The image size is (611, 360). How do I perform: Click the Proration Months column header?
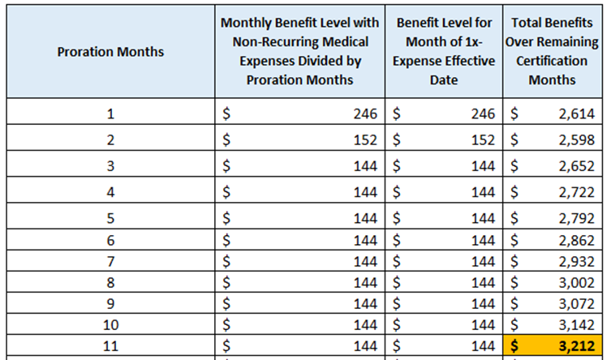(110, 52)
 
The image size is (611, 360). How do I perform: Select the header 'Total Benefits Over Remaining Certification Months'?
(552, 51)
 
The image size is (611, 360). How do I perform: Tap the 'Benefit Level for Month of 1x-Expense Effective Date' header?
(444, 51)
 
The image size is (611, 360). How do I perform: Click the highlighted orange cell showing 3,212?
(553, 345)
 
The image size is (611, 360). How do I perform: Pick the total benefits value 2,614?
(577, 114)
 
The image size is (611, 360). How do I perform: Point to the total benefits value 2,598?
(577, 139)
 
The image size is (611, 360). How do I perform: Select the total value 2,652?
(577, 165)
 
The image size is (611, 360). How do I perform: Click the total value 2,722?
(577, 192)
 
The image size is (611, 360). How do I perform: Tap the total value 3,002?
(577, 282)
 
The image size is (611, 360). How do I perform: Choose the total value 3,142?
(577, 324)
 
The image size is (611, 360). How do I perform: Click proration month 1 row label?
(110, 114)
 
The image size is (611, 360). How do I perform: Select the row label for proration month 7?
(110, 261)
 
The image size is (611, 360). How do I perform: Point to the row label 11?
(110, 345)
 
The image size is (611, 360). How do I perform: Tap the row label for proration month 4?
(110, 192)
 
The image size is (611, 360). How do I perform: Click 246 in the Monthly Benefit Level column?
(365, 114)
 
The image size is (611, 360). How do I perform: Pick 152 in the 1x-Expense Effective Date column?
(483, 139)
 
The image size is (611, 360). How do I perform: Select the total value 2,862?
(577, 240)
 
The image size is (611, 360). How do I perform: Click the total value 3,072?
(577, 303)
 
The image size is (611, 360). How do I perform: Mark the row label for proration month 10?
(110, 324)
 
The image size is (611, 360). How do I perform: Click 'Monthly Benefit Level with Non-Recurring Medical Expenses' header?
(299, 41)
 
